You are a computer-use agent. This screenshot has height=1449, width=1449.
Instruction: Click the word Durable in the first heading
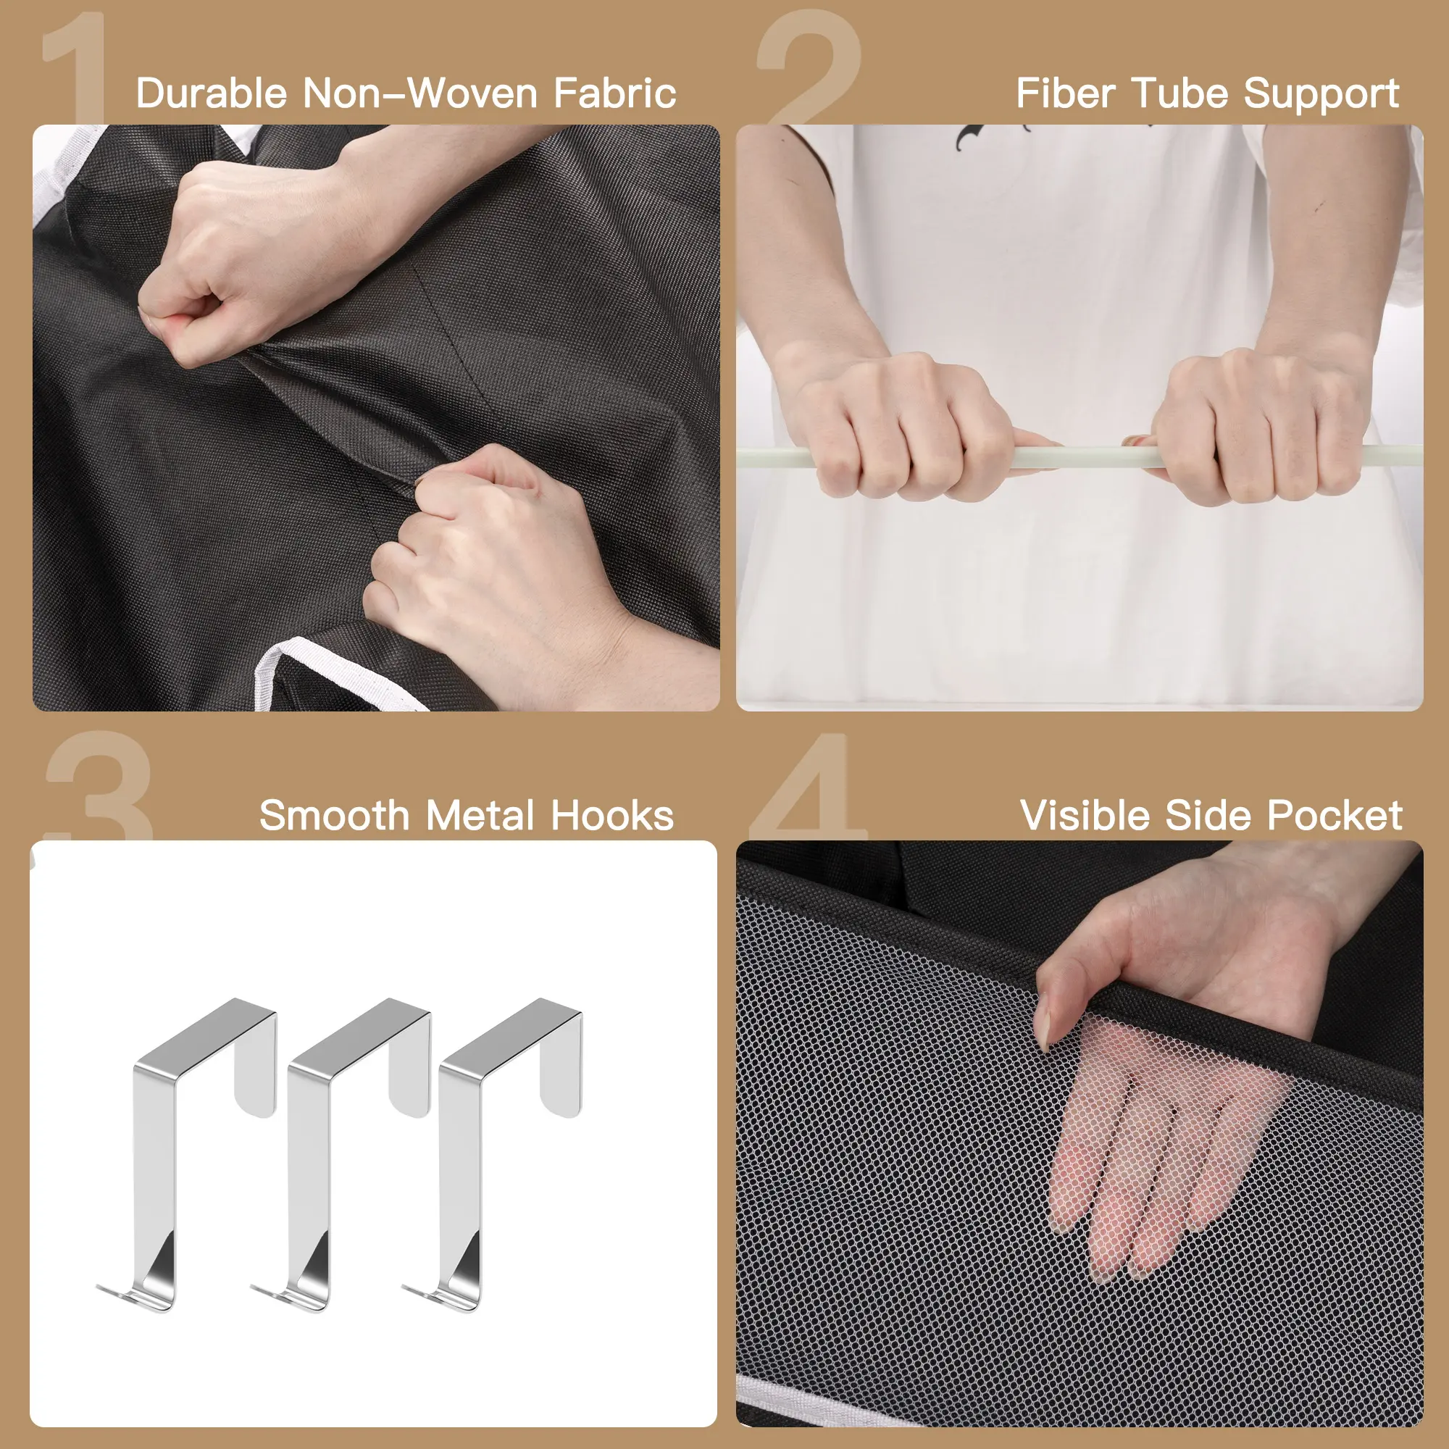pyautogui.click(x=212, y=93)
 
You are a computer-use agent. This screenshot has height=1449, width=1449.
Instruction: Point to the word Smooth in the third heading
pyautogui.click(x=335, y=815)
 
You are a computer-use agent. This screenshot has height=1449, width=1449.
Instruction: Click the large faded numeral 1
pyautogui.click(x=76, y=67)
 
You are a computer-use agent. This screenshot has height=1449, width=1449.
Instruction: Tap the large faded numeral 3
pyautogui.click(x=99, y=786)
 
